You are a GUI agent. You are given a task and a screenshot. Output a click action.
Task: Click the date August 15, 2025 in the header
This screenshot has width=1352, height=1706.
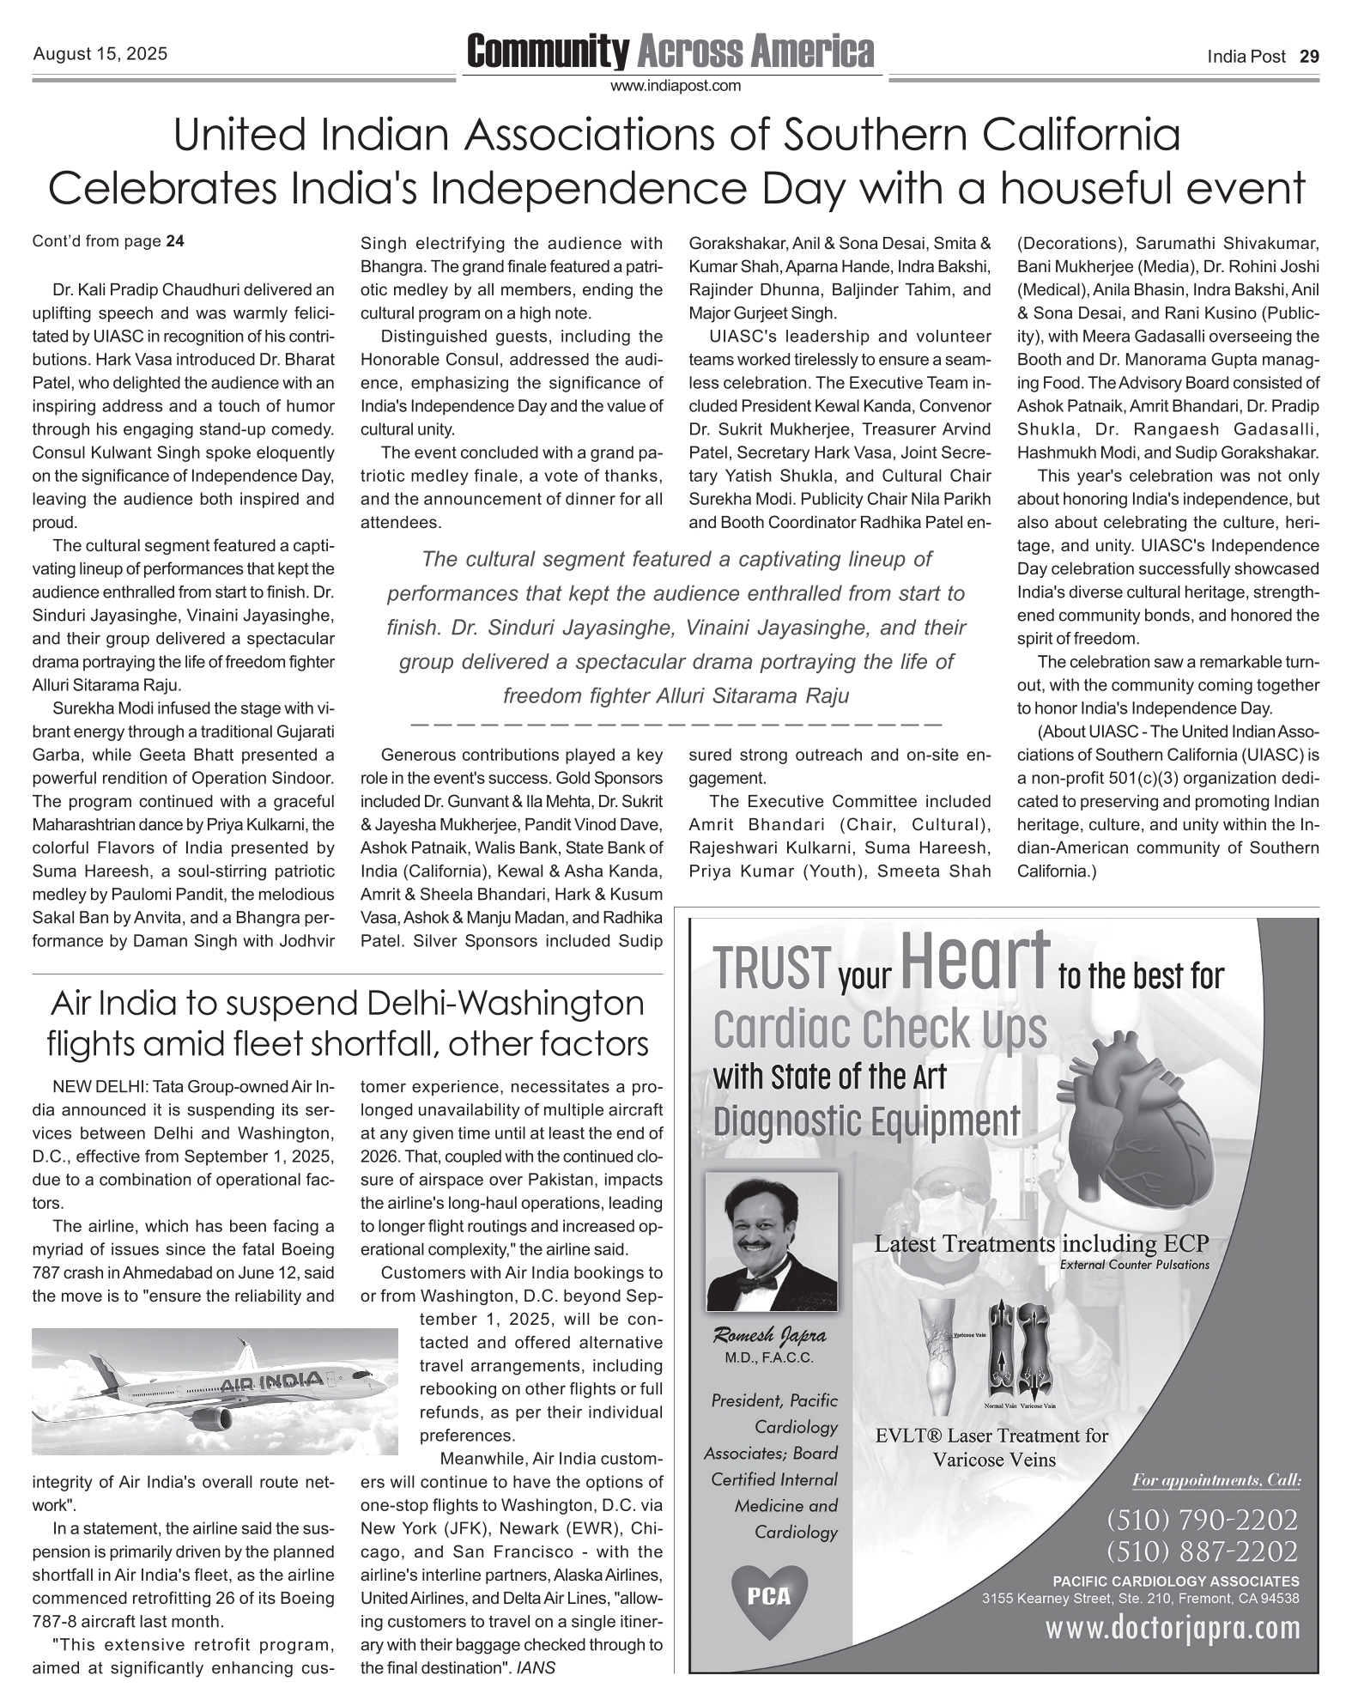click(x=100, y=55)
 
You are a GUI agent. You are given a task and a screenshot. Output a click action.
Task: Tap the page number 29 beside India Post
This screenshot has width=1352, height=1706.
click(x=1309, y=57)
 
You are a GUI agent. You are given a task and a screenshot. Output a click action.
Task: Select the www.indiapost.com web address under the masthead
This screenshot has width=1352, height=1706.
click(x=675, y=86)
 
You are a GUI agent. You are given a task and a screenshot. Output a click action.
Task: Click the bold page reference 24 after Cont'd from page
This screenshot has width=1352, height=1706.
click(x=175, y=241)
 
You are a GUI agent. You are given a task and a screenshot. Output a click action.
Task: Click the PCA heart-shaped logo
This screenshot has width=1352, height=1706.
click(x=769, y=1597)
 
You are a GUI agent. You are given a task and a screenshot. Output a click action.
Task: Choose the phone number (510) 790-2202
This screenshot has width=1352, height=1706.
click(x=1202, y=1521)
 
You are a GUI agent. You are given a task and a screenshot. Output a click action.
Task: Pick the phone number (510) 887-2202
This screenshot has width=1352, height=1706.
click(x=1202, y=1551)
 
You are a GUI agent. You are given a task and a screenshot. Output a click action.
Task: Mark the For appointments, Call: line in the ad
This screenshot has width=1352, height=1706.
click(x=1216, y=1480)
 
